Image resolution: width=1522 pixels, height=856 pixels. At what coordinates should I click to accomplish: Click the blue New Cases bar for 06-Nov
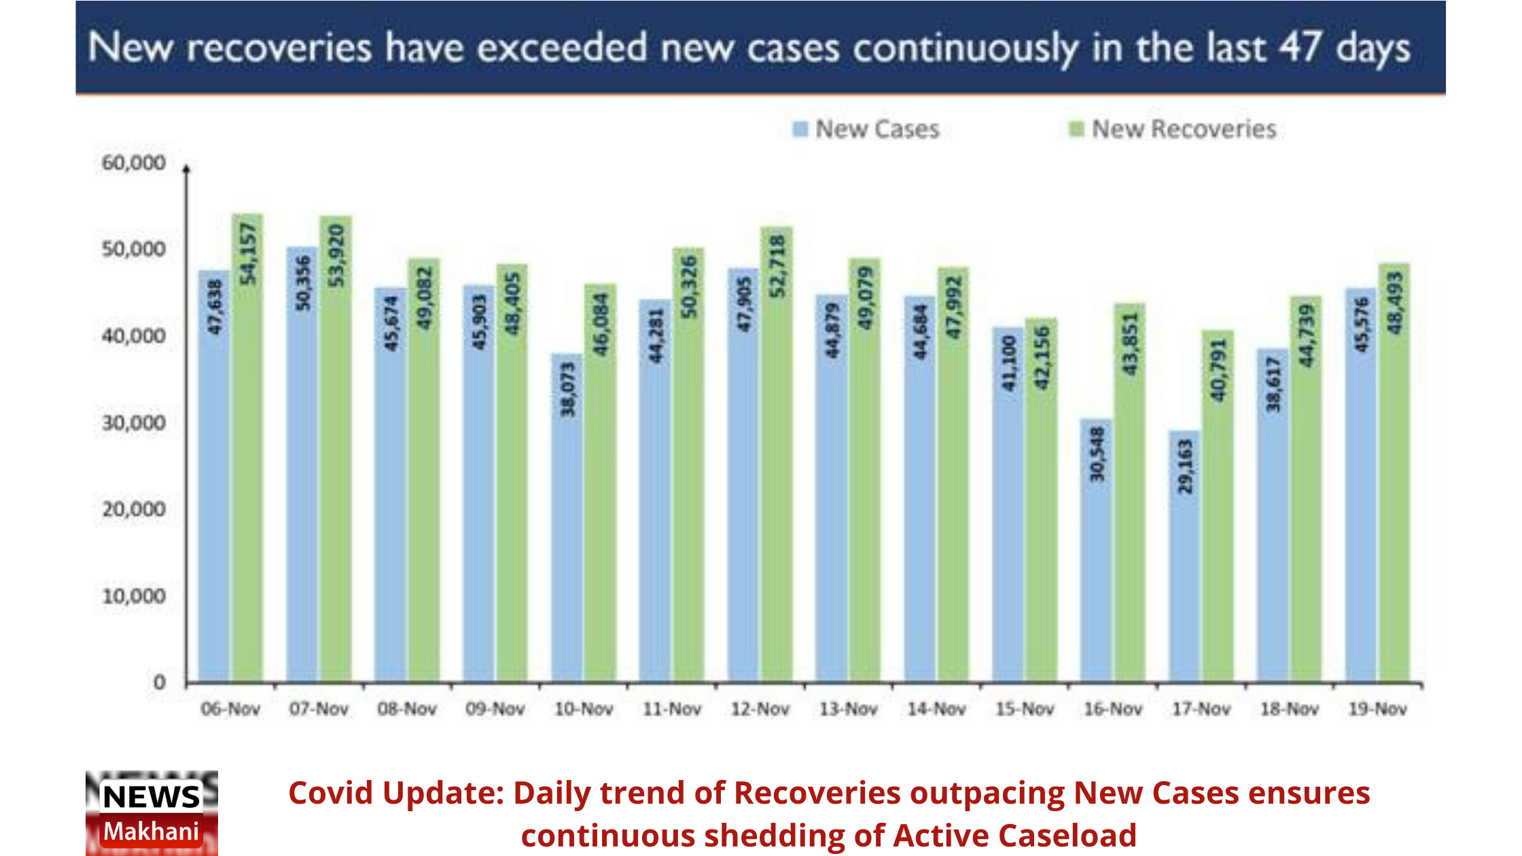(213, 476)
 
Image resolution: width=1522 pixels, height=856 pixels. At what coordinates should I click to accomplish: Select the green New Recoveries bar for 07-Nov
(336, 448)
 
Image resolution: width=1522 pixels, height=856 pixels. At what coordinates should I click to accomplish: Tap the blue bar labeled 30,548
(1096, 550)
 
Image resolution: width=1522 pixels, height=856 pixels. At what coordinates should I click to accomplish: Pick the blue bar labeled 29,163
(1184, 557)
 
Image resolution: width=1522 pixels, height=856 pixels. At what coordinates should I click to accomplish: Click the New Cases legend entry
(866, 129)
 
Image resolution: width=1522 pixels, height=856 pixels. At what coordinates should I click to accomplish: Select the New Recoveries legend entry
(1173, 129)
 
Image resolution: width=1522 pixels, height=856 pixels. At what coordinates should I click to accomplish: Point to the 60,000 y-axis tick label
(133, 163)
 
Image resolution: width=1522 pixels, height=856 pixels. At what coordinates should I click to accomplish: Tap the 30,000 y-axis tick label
(133, 423)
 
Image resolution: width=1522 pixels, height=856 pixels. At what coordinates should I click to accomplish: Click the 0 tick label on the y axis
(159, 682)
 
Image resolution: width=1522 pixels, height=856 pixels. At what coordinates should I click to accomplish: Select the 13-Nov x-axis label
(848, 709)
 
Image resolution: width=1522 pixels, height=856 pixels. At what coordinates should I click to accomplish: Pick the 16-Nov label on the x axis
(1113, 709)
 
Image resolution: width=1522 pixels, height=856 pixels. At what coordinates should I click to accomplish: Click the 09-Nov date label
(495, 709)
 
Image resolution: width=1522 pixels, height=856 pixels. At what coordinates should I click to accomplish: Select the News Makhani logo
(152, 813)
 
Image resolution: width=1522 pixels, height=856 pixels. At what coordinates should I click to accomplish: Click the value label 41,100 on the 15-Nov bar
(1010, 364)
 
